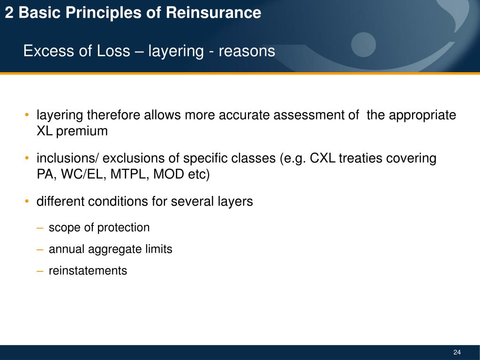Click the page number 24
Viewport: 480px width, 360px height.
[x=457, y=352]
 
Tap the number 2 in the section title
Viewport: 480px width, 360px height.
[x=9, y=13]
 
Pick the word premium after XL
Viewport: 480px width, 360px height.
[x=82, y=131]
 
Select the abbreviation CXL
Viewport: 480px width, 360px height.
[x=323, y=159]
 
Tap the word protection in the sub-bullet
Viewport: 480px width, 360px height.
[x=123, y=228]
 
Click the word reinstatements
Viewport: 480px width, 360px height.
[x=88, y=271]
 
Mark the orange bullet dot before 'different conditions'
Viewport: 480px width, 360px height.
[x=28, y=202]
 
